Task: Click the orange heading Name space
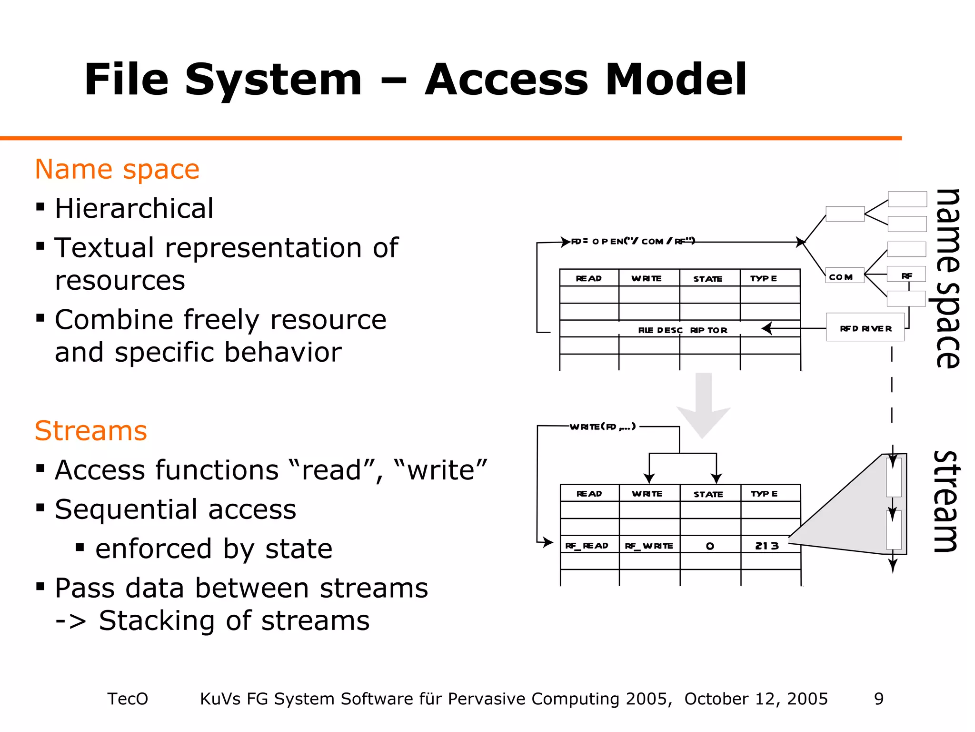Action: [x=117, y=170]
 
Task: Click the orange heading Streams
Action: [x=91, y=431]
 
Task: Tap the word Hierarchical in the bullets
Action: [x=134, y=208]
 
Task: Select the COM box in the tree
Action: [x=844, y=276]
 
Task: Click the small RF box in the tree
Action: [x=906, y=275]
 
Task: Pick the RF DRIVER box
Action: [x=865, y=328]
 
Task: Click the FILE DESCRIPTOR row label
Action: [x=682, y=329]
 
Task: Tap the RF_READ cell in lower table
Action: [x=589, y=545]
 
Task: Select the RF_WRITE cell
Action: [x=649, y=545]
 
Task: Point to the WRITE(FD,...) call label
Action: [x=602, y=426]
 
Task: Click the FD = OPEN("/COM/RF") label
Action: [x=633, y=241]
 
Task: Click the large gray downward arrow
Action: [x=703, y=405]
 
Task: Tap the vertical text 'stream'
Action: [x=945, y=501]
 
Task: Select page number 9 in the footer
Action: [x=878, y=698]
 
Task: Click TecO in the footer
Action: [x=128, y=698]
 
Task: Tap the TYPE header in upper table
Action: [x=763, y=278]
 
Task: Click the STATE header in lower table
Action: [x=708, y=494]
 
